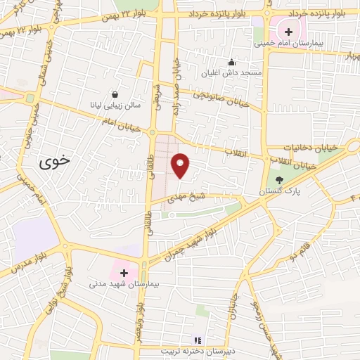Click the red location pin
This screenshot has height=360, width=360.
click(181, 165)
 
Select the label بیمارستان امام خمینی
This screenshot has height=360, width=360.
click(289, 42)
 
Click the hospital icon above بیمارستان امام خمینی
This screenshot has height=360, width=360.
click(288, 31)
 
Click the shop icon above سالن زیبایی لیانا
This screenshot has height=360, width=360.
click(115, 94)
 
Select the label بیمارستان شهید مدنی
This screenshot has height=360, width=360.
click(124, 284)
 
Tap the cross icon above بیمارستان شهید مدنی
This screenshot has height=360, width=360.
click(124, 273)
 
